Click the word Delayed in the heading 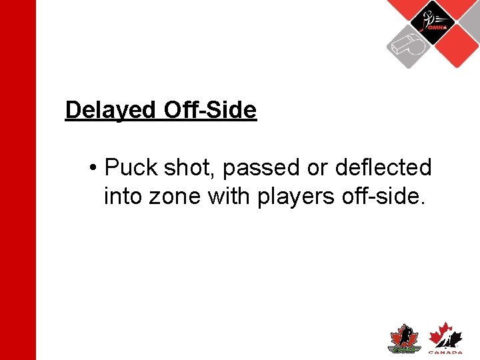[x=109, y=110]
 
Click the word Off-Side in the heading [x=209, y=110]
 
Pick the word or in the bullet [x=317, y=168]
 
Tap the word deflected [x=383, y=168]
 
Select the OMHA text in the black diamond [x=437, y=27]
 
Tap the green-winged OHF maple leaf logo [x=403, y=339]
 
